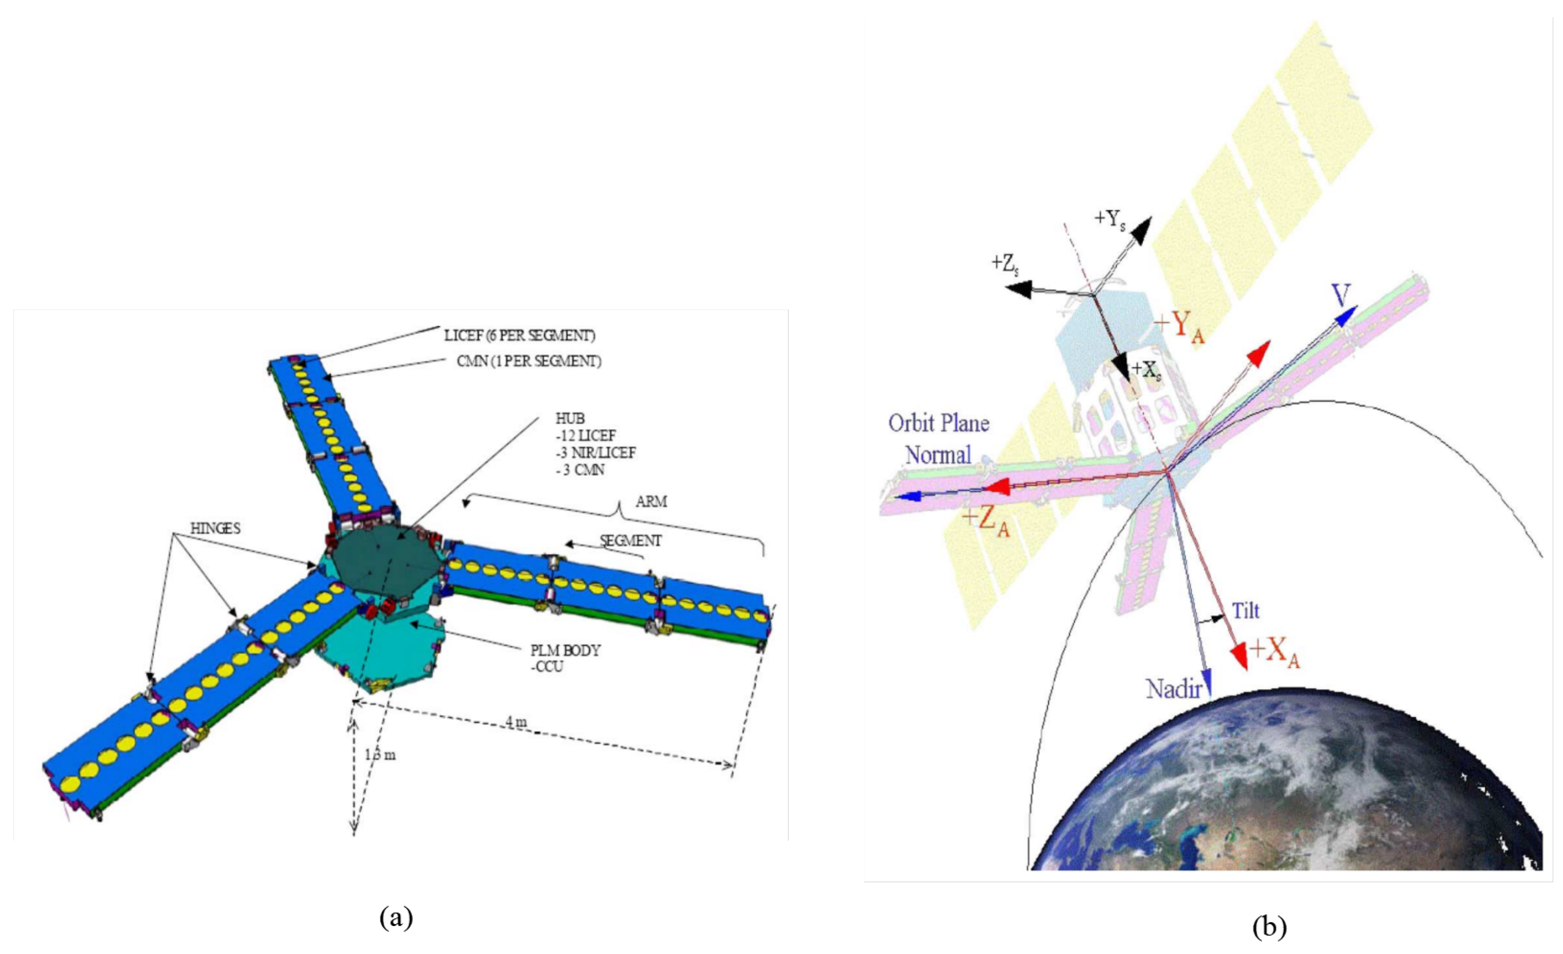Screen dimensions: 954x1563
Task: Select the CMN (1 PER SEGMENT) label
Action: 529,361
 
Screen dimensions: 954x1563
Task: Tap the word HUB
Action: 570,419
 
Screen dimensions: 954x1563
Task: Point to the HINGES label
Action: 216,528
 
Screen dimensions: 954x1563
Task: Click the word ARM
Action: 651,502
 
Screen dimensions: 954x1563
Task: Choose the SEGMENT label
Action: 630,540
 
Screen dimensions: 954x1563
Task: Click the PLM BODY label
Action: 565,650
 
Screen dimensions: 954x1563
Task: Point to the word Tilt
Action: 1245,611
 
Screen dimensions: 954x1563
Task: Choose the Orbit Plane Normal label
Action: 939,439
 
